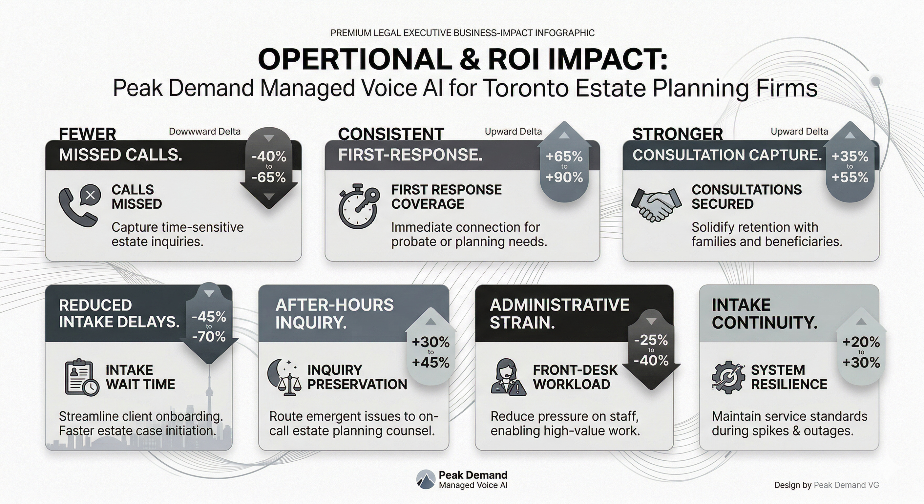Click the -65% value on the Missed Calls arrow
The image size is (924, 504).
(x=269, y=177)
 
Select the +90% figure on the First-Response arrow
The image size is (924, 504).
(x=564, y=177)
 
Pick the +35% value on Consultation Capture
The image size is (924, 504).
(x=850, y=157)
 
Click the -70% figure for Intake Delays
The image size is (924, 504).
(x=209, y=336)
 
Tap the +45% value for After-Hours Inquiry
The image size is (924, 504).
(x=431, y=362)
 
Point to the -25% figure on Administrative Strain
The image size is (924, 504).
(x=651, y=340)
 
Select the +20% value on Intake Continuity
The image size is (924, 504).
(x=861, y=342)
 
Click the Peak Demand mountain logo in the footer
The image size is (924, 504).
(x=426, y=480)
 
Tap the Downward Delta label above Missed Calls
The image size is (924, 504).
(x=204, y=132)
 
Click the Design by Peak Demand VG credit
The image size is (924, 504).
(x=827, y=485)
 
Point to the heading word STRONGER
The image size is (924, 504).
(x=677, y=134)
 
